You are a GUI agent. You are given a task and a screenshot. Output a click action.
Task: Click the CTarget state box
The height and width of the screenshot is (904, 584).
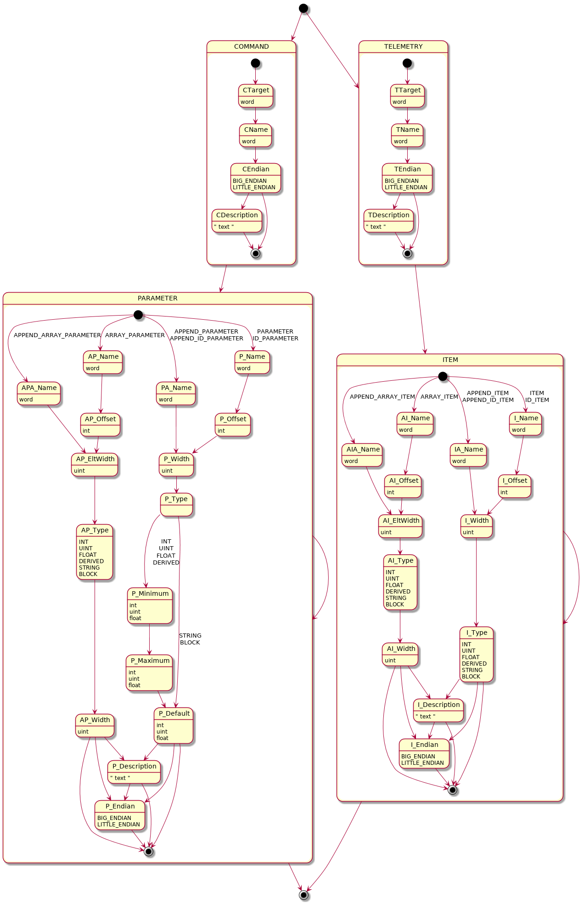click(256, 96)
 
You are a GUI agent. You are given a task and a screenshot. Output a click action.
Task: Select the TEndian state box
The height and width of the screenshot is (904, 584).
click(407, 178)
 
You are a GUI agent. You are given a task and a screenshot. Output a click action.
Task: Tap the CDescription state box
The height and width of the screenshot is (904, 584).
click(237, 221)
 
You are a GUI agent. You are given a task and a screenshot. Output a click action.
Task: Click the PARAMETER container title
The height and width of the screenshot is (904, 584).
click(157, 298)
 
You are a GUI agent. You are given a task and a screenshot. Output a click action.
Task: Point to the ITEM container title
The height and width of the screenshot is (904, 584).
click(450, 360)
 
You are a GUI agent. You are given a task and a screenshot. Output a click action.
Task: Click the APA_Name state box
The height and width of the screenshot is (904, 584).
click(39, 393)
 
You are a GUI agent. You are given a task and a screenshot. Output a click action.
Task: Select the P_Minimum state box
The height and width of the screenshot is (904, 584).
click(150, 605)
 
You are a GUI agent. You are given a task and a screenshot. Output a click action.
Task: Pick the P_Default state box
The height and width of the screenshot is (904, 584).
click(174, 725)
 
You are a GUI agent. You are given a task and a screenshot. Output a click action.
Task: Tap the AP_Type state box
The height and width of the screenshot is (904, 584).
click(95, 552)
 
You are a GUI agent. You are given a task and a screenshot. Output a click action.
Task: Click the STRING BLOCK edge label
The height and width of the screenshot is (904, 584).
click(190, 639)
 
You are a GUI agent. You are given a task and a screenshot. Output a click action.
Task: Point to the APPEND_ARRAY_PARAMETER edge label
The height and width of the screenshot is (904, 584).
click(57, 335)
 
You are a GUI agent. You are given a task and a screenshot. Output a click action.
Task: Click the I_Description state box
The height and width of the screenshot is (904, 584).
click(438, 710)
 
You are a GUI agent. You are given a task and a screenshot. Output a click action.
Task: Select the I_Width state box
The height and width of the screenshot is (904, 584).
click(477, 526)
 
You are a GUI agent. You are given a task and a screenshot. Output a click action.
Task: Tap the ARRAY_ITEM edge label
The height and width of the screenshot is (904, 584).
click(439, 396)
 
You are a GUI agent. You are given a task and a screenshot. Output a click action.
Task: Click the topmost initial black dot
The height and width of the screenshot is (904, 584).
click(303, 8)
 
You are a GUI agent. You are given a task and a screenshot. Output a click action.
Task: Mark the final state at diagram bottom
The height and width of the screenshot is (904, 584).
click(303, 895)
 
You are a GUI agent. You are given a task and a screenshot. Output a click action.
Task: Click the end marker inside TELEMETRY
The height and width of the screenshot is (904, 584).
click(407, 253)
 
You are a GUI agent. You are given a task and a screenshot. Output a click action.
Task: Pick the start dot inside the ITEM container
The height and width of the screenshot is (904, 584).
click(443, 377)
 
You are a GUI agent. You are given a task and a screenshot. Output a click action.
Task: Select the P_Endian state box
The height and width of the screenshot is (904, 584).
click(120, 815)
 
